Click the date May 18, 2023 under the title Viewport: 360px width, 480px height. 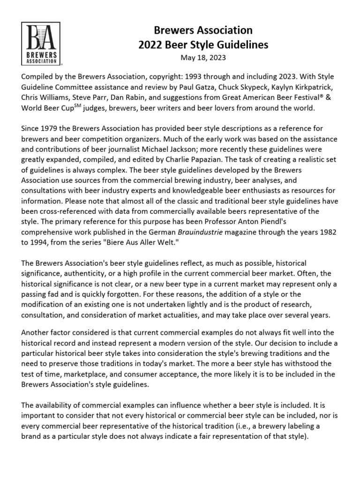tap(203, 58)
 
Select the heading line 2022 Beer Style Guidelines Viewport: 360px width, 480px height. tap(203, 45)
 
